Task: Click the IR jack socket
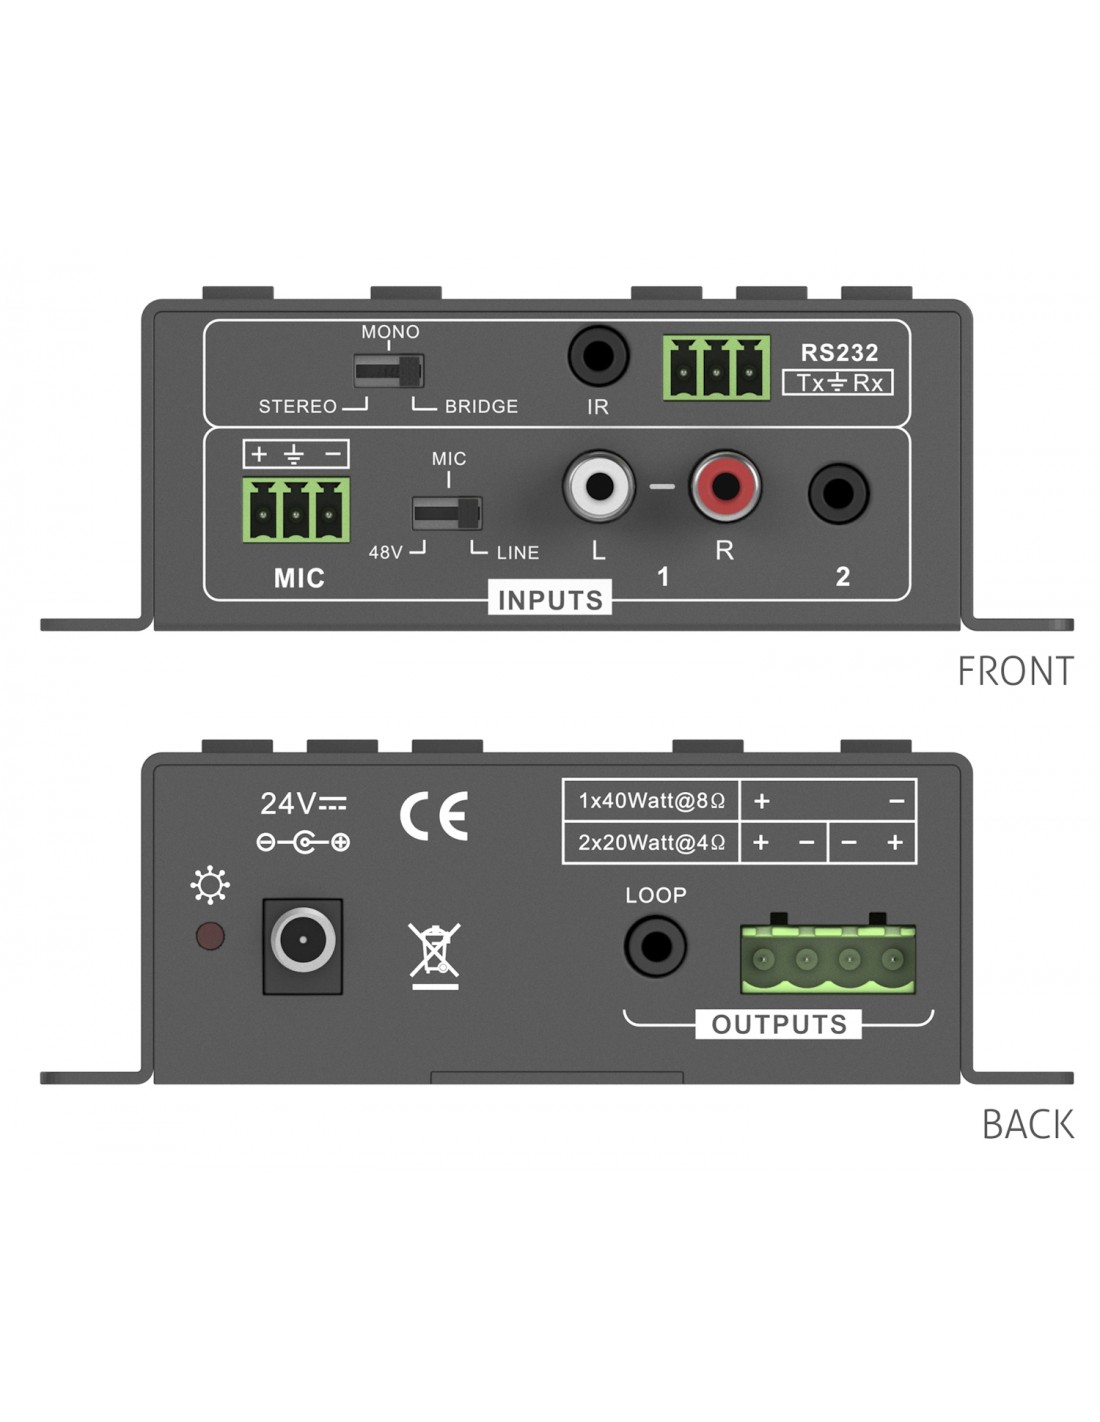point(598,356)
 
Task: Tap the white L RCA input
point(599,487)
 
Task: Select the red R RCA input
point(725,487)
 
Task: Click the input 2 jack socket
point(838,493)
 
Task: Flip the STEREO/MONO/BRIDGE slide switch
point(389,371)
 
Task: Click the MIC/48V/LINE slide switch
point(447,513)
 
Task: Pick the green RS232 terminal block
point(716,368)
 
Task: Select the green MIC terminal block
point(296,510)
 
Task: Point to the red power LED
point(210,937)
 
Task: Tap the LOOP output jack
point(655,946)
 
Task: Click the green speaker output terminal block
point(828,959)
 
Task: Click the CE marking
point(434,816)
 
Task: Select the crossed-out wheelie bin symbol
point(434,954)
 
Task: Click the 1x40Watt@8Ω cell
point(651,801)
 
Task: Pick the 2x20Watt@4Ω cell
point(651,843)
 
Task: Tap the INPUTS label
point(550,600)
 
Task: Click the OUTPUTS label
point(778,1025)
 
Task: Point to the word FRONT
point(1015,671)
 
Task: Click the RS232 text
point(839,353)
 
